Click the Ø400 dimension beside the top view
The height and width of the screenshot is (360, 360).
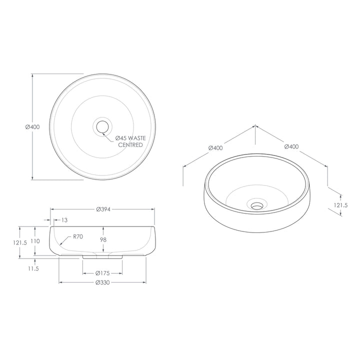coord(32,127)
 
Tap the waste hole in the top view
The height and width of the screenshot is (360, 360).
coord(102,127)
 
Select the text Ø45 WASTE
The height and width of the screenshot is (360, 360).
coord(131,137)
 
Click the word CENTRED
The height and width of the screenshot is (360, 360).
coord(130,145)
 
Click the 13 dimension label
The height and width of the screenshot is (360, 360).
coord(64,219)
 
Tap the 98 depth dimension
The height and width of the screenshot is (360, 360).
coord(102,240)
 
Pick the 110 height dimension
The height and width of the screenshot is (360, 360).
coord(34,240)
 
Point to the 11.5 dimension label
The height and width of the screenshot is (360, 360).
coord(34,268)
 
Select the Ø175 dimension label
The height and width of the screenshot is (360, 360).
coord(102,273)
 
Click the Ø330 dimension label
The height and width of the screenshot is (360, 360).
coord(102,282)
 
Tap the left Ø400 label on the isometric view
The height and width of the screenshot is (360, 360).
coord(215,147)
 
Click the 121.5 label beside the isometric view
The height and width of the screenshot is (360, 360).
coord(341,205)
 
